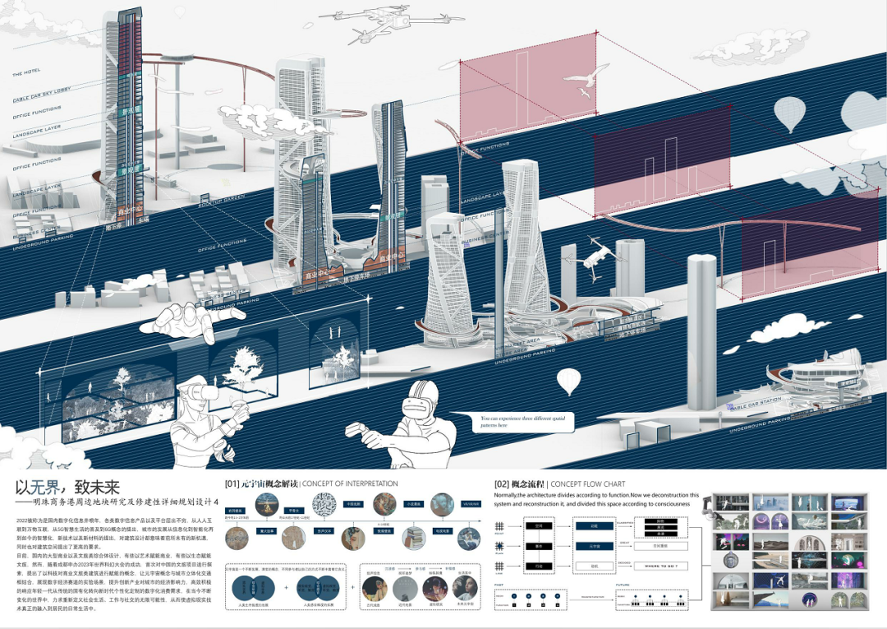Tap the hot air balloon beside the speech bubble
pyautogui.click(x=568, y=382)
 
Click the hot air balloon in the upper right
pyautogui.click(x=789, y=113)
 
